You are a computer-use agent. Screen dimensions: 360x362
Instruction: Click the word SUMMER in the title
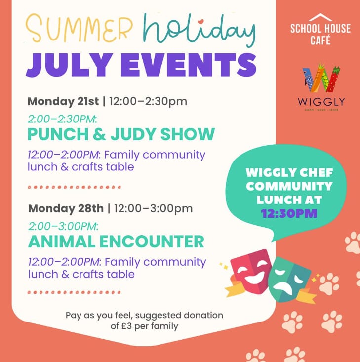point(79,28)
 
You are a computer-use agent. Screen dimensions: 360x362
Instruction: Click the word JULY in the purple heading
point(70,65)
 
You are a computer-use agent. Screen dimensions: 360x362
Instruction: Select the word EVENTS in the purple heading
point(189,65)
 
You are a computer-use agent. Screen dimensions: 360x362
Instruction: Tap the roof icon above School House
point(320,17)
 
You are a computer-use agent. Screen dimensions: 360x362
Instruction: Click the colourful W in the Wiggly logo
point(321,78)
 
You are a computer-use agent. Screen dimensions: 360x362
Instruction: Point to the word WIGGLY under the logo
point(321,101)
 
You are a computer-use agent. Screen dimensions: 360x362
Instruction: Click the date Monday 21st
point(63,101)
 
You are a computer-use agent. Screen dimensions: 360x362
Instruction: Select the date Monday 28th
point(66,208)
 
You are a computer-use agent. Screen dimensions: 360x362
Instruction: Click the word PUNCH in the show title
point(58,134)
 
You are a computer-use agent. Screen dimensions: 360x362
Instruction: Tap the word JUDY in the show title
point(133,134)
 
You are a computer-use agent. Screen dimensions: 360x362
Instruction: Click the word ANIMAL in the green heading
point(62,241)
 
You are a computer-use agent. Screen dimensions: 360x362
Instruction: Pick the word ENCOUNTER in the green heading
point(152,241)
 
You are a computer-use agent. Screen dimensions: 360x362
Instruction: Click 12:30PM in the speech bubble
point(289,213)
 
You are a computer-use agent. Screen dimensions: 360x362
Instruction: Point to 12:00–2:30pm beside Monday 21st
point(148,101)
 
